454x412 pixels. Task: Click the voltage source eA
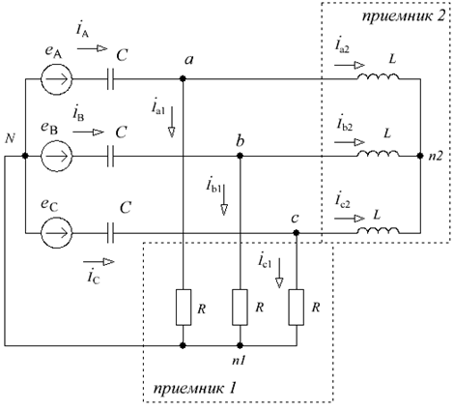pyautogui.click(x=57, y=79)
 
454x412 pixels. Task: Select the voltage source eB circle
pyautogui.click(x=57, y=156)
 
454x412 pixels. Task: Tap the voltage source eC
pyautogui.click(x=57, y=232)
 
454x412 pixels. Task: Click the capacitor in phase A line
pyautogui.click(x=110, y=79)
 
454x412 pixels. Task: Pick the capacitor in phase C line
pyautogui.click(x=110, y=232)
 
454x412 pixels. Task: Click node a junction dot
pyautogui.click(x=183, y=78)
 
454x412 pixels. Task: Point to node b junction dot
pyautogui.click(x=240, y=156)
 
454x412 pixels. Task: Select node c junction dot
pyautogui.click(x=297, y=232)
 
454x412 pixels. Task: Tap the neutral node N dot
pyautogui.click(x=25, y=156)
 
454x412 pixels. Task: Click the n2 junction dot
pyautogui.click(x=420, y=156)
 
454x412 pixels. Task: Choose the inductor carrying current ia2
pyautogui.click(x=378, y=76)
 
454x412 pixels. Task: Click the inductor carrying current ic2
pyautogui.click(x=378, y=230)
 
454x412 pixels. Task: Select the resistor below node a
pyautogui.click(x=184, y=308)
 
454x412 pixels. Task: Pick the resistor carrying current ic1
pyautogui.click(x=297, y=308)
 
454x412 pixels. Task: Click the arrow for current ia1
pyautogui.click(x=172, y=122)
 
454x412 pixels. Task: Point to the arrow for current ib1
pyautogui.click(x=224, y=199)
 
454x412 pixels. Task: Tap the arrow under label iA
pyautogui.click(x=92, y=48)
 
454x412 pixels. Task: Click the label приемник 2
pyautogui.click(x=404, y=16)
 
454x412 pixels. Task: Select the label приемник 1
pyautogui.click(x=195, y=388)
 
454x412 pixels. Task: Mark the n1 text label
pyautogui.click(x=239, y=361)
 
